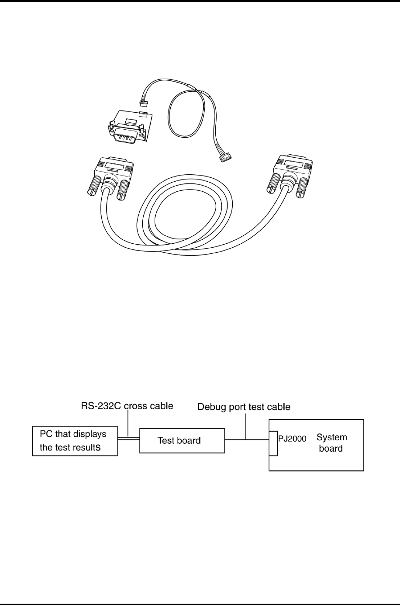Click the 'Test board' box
[181, 440]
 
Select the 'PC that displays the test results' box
[75, 441]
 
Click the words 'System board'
[331, 443]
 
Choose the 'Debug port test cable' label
[244, 407]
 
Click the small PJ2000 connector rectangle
[273, 443]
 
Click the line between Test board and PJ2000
[246, 439]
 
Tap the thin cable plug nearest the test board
[144, 104]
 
